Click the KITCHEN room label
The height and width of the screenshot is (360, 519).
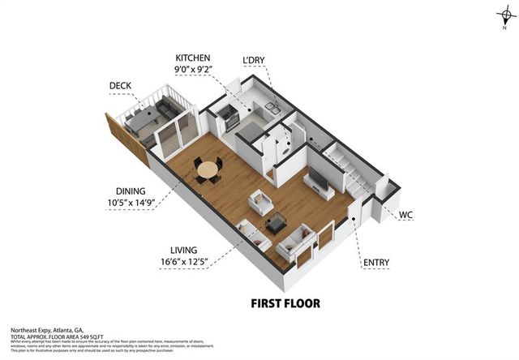(x=192, y=58)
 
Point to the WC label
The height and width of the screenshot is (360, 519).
(x=406, y=215)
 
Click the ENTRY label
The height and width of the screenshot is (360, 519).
(x=376, y=262)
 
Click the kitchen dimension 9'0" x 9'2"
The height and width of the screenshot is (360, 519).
(x=192, y=70)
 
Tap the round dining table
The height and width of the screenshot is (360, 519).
(x=209, y=169)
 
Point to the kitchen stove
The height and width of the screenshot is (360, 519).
(x=229, y=116)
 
